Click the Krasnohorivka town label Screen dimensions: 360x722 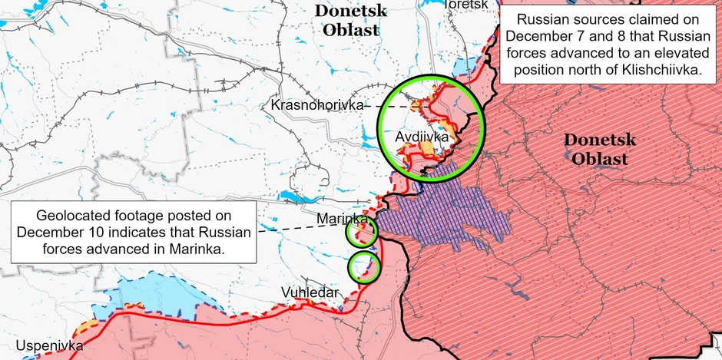point(316,104)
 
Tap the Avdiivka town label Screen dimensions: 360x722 point(422,137)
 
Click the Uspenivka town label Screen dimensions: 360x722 point(49,345)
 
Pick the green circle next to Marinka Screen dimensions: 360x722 point(361,232)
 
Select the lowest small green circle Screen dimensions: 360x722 point(363,267)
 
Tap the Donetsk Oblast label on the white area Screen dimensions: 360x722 point(348,21)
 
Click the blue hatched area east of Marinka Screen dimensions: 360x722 point(445,211)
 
